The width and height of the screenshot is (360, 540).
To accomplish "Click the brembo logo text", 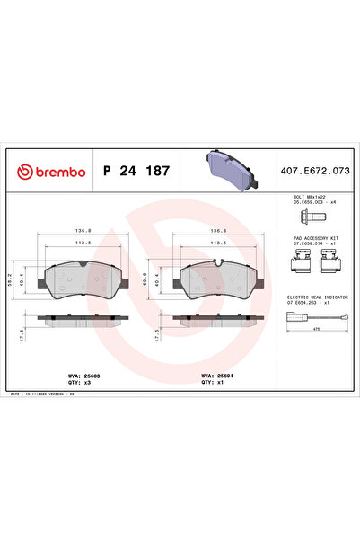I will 56,170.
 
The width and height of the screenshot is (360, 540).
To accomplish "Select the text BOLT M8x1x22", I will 310,195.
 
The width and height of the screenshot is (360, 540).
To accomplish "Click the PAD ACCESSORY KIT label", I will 312,238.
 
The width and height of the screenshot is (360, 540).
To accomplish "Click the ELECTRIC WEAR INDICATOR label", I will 315,296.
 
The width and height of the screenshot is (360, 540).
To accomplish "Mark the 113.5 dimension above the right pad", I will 216,242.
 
